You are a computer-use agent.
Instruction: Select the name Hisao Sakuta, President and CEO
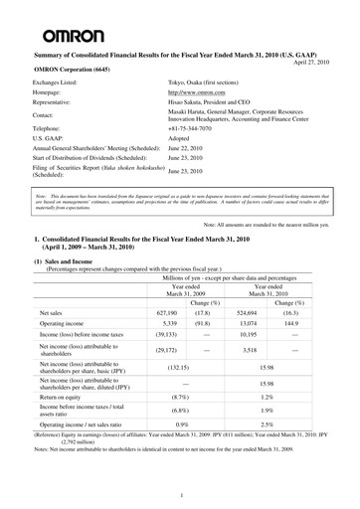click(x=222, y=110)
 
